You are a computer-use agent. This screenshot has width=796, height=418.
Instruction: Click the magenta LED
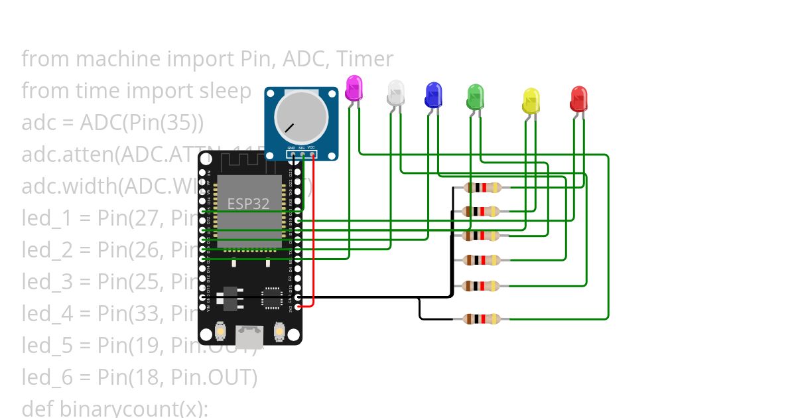[x=355, y=88]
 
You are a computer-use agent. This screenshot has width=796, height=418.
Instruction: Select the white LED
[x=396, y=93]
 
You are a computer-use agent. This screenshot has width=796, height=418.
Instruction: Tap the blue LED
[x=433, y=95]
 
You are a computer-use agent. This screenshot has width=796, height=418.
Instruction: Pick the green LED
[x=476, y=97]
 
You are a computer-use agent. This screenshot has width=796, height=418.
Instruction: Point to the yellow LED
[x=531, y=100]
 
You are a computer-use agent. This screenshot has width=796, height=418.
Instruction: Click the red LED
[x=578, y=99]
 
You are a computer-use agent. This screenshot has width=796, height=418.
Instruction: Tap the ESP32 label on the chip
[x=249, y=204]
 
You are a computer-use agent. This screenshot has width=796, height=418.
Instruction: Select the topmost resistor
[x=482, y=188]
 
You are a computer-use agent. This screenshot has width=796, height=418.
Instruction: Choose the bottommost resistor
[x=482, y=319]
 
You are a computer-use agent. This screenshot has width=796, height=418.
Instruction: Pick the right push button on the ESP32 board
[x=279, y=330]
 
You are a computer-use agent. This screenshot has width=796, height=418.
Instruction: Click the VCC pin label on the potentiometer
[x=311, y=147]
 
